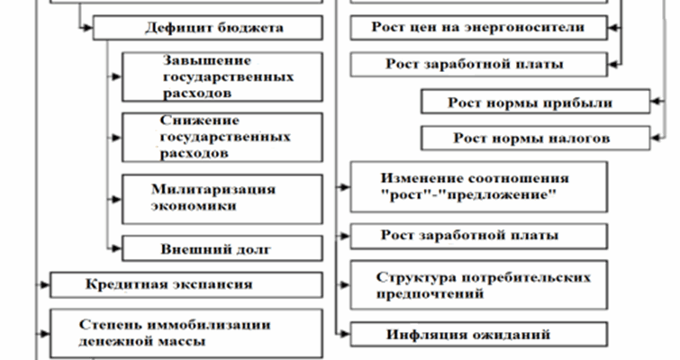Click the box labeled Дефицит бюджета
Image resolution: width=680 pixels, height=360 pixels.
(208, 28)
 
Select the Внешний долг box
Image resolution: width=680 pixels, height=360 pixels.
(222, 248)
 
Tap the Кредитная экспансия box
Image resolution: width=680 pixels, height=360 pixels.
(186, 284)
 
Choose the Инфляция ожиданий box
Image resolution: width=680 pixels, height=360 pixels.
(479, 334)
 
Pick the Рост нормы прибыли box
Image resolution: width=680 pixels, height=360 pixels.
(536, 102)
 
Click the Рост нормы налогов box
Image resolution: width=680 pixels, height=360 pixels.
(536, 139)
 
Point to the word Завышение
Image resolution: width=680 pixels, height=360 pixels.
(207, 60)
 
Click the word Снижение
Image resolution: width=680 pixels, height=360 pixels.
(199, 120)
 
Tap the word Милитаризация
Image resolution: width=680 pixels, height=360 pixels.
(213, 189)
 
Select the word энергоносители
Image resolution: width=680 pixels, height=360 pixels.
(525, 27)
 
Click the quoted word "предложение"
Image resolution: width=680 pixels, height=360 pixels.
(500, 194)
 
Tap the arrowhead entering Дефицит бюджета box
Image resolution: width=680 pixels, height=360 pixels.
(88, 28)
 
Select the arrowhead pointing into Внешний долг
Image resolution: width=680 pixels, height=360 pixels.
(117, 248)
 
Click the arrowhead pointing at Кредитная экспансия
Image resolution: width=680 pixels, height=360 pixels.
(45, 284)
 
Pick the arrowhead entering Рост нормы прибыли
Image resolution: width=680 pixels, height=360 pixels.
(657, 102)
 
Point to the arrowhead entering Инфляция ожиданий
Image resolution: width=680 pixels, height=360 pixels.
(345, 334)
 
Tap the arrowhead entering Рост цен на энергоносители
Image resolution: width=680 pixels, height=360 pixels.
(613, 28)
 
